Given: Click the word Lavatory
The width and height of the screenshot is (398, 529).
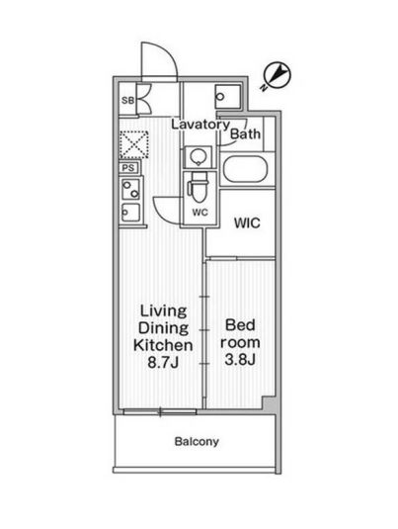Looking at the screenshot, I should pos(199,125).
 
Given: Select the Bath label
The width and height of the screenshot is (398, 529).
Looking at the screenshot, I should pos(247,134).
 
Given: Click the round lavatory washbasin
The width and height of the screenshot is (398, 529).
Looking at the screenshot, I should pos(198,157).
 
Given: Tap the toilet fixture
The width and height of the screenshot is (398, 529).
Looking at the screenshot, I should pos(198,187).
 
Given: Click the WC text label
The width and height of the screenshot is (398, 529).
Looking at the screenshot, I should pos(199,212).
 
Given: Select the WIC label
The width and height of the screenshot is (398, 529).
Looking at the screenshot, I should pos(247,223).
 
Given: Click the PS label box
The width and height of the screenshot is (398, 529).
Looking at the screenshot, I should pos(127,167).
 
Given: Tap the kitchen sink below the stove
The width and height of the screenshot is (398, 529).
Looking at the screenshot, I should pos(129,211).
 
